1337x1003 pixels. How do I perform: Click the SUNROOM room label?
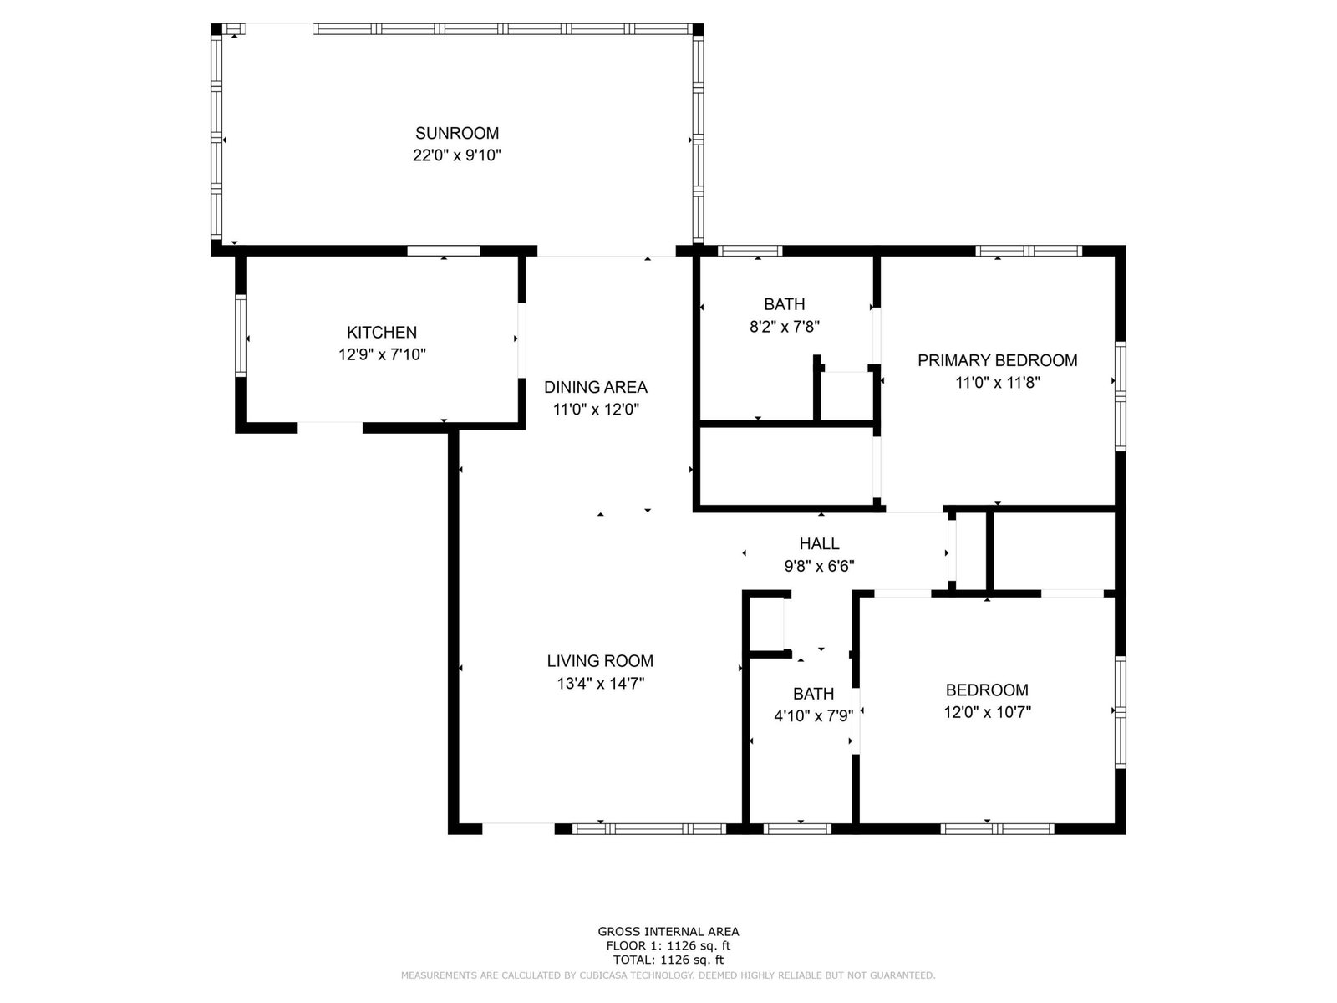[x=457, y=133]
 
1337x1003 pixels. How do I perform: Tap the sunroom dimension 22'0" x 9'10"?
[x=457, y=155]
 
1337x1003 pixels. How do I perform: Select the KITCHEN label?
[x=382, y=332]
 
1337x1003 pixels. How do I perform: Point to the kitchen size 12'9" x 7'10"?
[x=382, y=354]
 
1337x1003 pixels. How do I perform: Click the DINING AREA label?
[x=596, y=387]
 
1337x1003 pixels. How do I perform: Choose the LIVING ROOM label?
[x=600, y=661]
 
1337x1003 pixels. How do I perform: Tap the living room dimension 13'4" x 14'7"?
[x=601, y=683]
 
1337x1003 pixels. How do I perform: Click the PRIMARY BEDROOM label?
[x=997, y=360]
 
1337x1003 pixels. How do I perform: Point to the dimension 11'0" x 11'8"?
[x=997, y=383]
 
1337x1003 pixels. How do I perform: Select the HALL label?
[x=819, y=543]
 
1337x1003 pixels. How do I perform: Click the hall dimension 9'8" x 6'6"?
[x=819, y=567]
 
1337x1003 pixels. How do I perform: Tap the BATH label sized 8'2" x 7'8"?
[x=785, y=304]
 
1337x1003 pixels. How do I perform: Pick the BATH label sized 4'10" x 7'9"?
[x=814, y=694]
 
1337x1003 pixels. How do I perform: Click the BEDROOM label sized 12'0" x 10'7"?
[x=987, y=690]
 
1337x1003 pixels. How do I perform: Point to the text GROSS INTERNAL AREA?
[x=668, y=931]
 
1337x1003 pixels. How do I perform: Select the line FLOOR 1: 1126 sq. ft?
[x=668, y=946]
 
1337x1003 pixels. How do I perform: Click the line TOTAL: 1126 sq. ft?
[x=668, y=960]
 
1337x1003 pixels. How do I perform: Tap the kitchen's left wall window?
[x=241, y=335]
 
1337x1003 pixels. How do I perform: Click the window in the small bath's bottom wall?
[x=796, y=829]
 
